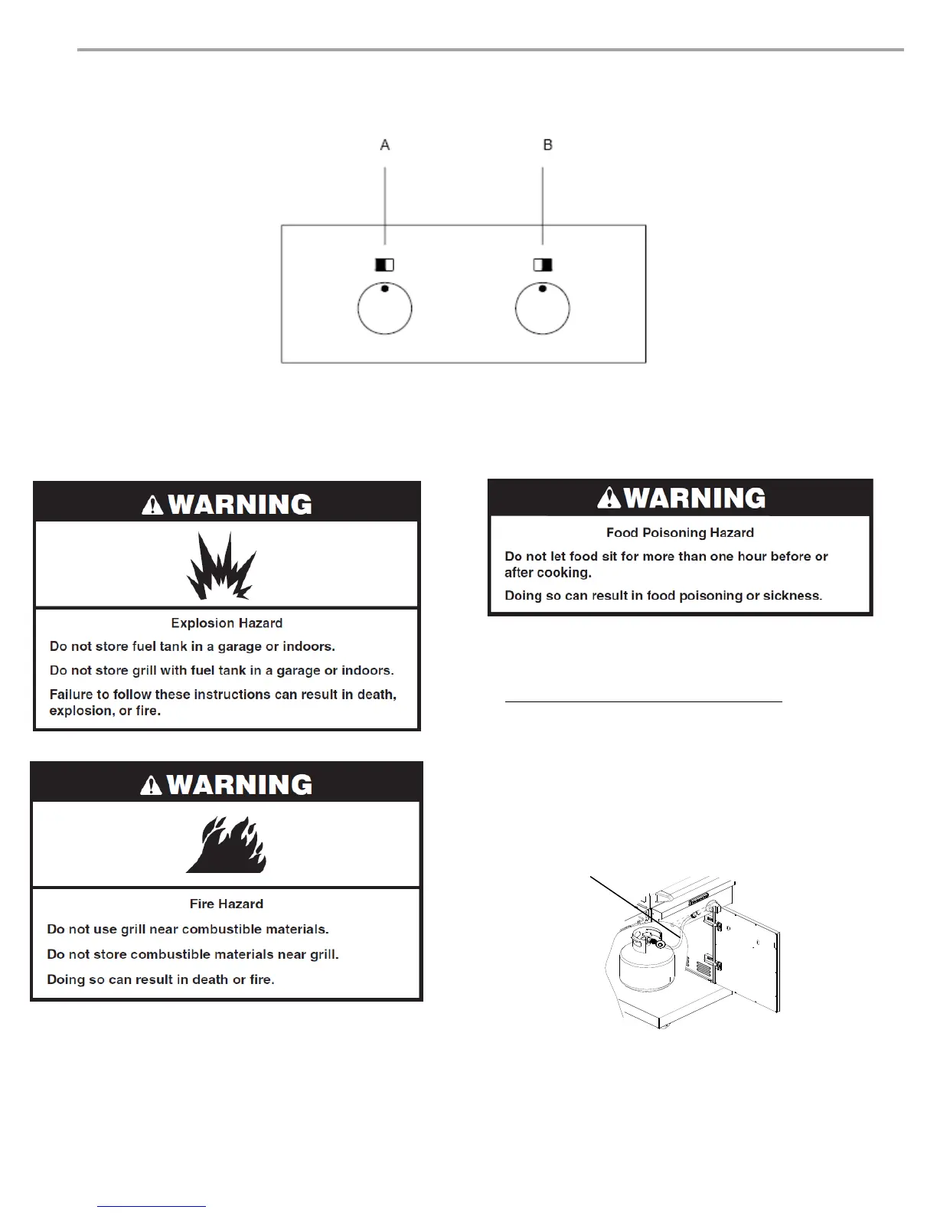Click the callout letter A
point(385,145)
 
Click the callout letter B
point(547,145)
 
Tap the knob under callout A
point(385,309)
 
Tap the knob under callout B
point(542,309)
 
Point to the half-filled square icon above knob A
point(384,265)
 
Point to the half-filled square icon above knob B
point(543,265)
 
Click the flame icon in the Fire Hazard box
point(227,845)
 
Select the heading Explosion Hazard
point(227,623)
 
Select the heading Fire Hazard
point(227,904)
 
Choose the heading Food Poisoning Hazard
point(680,533)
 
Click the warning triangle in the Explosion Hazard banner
point(153,505)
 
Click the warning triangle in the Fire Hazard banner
point(153,785)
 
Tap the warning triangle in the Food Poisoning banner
point(609,499)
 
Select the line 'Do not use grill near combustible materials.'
point(188,929)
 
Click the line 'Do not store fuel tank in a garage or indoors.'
point(192,646)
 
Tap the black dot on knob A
point(385,289)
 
